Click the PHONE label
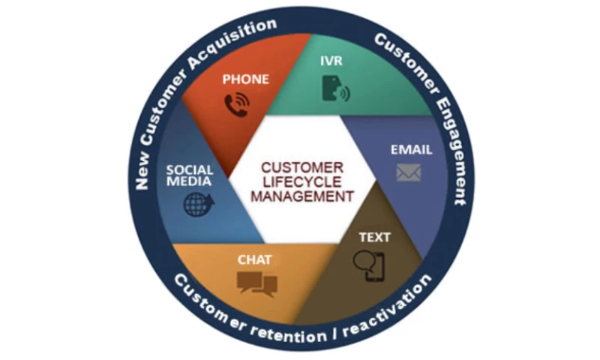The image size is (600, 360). [x=246, y=79]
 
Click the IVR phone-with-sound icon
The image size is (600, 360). [x=334, y=88]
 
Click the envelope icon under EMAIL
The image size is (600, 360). [x=409, y=172]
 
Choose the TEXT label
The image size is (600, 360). [x=374, y=238]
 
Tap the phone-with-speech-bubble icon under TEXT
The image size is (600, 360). [x=373, y=267]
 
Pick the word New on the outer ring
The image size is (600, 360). [x=145, y=165]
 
